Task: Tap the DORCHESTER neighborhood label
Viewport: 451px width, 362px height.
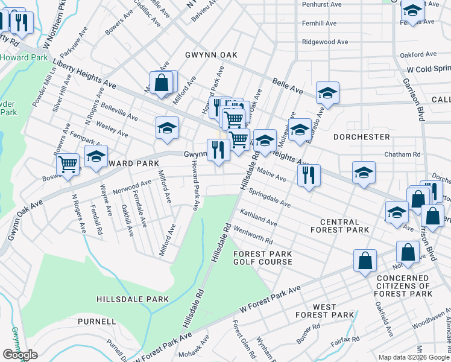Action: click(362, 137)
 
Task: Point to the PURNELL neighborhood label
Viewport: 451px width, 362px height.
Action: click(96, 322)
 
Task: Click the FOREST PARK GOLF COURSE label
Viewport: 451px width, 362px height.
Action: click(263, 258)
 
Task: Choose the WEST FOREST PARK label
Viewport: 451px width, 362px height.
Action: click(325, 311)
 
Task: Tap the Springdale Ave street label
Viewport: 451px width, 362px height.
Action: click(270, 198)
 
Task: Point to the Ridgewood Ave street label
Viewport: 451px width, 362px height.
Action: click(325, 43)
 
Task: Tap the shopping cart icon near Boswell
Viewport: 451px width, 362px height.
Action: click(68, 164)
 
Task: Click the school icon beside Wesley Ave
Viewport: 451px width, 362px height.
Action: click(168, 128)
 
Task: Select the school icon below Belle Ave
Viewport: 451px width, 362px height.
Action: click(327, 93)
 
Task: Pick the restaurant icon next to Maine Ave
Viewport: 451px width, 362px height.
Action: click(308, 176)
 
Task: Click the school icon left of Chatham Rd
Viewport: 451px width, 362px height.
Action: click(364, 173)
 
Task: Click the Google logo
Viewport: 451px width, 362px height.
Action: click(20, 355)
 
